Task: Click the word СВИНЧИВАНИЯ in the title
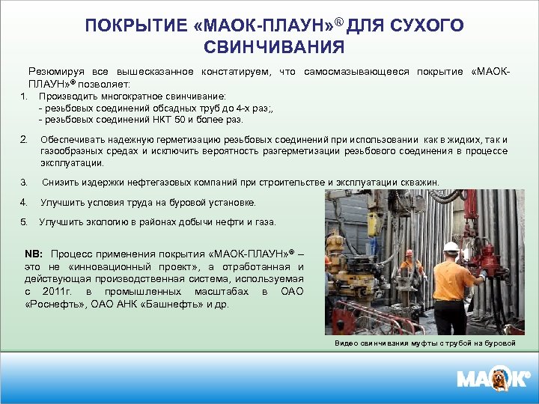tap(274, 48)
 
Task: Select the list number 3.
tap(24, 182)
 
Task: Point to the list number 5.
tap(24, 222)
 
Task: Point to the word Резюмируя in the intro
tap(55, 72)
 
